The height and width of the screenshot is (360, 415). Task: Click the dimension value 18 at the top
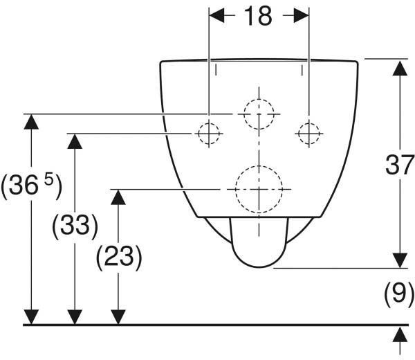(x=258, y=16)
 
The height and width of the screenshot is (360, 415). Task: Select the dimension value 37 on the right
(x=400, y=165)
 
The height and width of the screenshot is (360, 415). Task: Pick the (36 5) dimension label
(x=32, y=186)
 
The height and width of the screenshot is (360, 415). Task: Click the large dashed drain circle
(x=259, y=166)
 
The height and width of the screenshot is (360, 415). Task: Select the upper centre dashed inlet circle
(x=259, y=99)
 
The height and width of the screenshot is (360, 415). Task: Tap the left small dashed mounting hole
(x=209, y=123)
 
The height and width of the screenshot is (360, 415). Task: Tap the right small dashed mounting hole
(x=309, y=123)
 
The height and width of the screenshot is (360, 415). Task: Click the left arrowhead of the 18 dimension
(x=216, y=15)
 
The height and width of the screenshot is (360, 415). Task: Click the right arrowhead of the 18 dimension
(x=301, y=15)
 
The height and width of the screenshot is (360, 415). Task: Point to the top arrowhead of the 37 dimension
(x=400, y=69)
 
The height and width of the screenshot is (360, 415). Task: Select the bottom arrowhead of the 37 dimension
(x=400, y=260)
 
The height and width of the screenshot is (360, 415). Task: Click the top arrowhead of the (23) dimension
(x=118, y=197)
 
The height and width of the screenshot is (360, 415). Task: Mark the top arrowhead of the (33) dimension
(x=75, y=141)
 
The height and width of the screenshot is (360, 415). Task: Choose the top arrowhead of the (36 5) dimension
(x=31, y=122)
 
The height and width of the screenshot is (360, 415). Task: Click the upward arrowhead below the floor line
(x=400, y=334)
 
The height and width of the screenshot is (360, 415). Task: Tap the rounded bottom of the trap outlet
(x=259, y=267)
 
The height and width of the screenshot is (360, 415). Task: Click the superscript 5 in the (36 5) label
(x=48, y=180)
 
